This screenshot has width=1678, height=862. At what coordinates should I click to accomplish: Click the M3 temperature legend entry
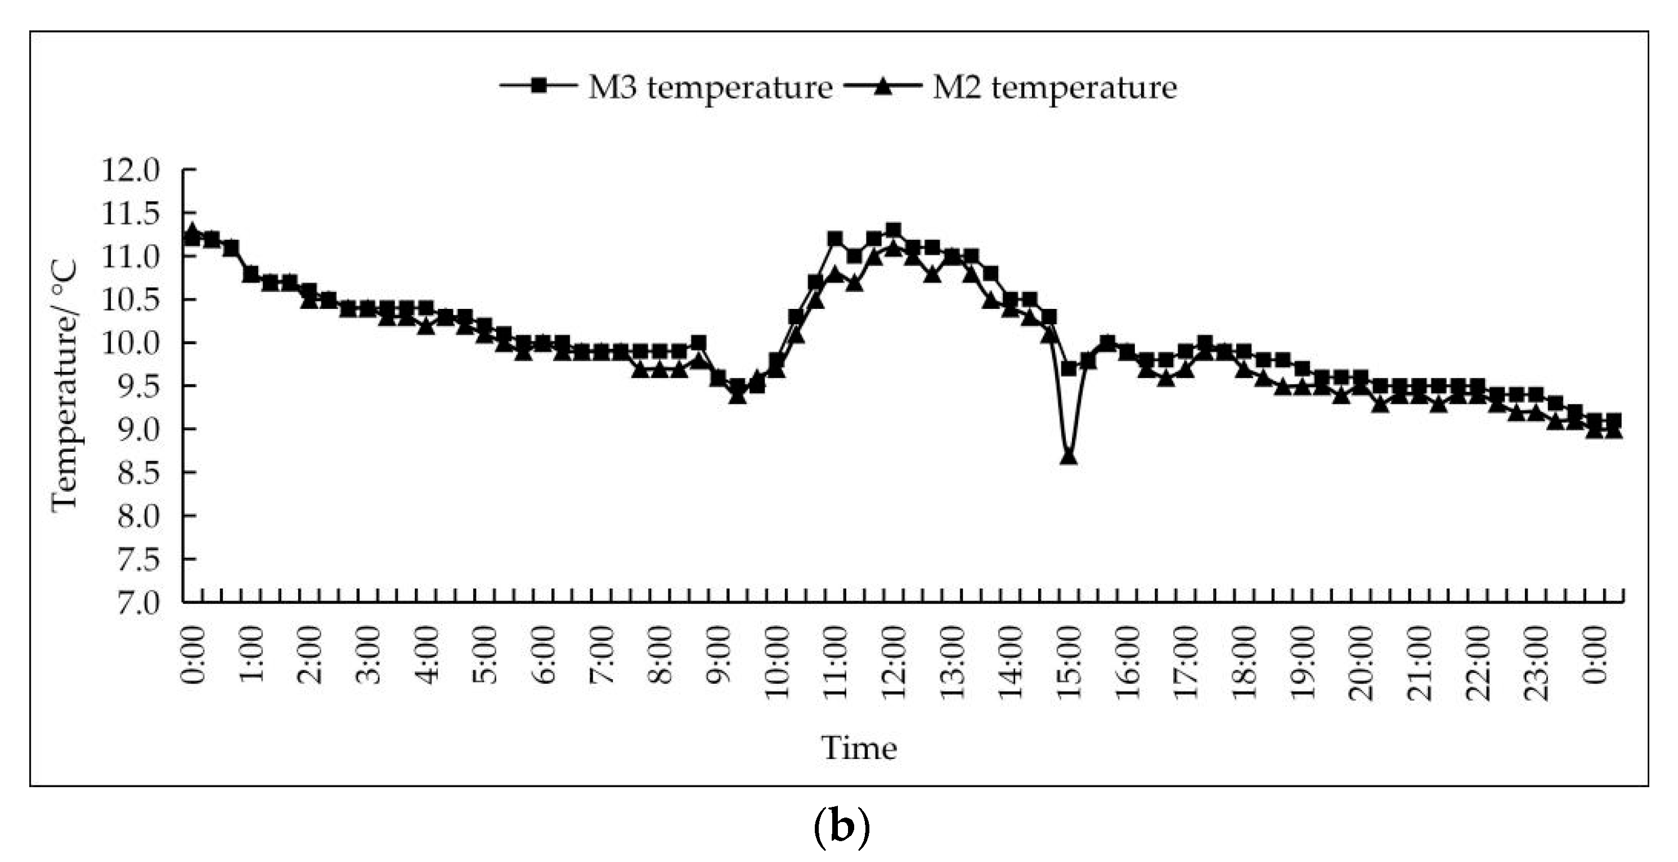[x=710, y=87]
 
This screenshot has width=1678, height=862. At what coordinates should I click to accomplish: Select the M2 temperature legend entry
[x=1053, y=87]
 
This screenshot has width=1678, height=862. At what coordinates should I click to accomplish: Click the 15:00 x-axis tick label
[x=1070, y=662]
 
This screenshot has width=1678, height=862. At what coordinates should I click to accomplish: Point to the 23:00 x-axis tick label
[x=1537, y=662]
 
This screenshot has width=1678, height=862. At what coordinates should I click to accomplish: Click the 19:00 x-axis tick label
[x=1303, y=662]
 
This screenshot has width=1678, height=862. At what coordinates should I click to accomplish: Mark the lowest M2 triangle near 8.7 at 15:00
[x=1068, y=457]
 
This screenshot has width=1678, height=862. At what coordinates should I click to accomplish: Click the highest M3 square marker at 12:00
[x=894, y=230]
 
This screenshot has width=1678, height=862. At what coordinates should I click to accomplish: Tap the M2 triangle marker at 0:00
[x=191, y=231]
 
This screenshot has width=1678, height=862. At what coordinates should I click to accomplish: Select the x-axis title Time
[x=859, y=747]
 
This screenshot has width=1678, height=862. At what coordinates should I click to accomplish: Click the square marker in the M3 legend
[x=538, y=86]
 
